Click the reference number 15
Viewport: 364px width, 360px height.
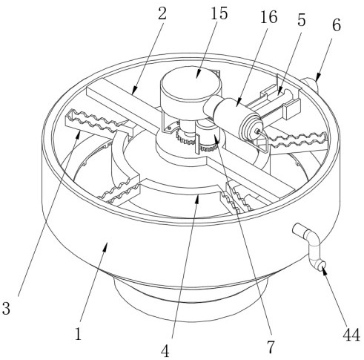coord(219,13)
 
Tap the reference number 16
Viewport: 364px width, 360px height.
coord(269,17)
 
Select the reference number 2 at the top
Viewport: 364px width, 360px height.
coord(162,13)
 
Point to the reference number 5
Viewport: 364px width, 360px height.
coord(301,20)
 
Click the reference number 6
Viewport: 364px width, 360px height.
coord(337,25)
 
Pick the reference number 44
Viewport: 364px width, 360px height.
coord(351,336)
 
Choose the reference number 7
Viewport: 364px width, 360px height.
coord(271,347)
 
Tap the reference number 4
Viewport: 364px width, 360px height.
coord(165,351)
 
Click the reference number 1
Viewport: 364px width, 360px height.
coord(78,334)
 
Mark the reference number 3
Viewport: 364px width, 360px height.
coord(6,308)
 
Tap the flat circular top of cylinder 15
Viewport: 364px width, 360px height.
coord(191,82)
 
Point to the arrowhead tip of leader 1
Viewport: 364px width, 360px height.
coord(107,243)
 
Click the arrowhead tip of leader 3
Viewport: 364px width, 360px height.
coord(79,131)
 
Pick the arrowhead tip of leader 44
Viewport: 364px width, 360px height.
coord(322,267)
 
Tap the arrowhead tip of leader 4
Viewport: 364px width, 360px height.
coord(197,195)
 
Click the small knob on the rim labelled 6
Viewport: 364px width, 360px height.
coord(309,85)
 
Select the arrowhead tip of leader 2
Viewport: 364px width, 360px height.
coord(132,95)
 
